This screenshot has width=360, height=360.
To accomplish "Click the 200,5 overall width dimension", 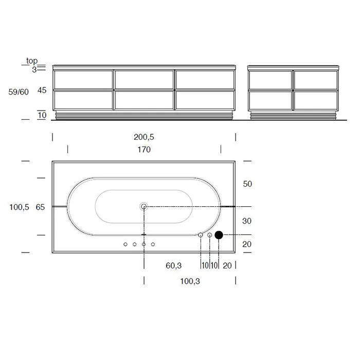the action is [x=144, y=137].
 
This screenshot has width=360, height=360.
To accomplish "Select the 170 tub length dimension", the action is [x=144, y=150].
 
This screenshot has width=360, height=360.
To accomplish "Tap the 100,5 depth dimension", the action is [x=20, y=207].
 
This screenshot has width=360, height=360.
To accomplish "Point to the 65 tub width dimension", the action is [x=40, y=207].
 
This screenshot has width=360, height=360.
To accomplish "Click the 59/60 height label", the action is [x=19, y=92].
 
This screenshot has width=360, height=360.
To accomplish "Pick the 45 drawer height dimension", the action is [x=42, y=90].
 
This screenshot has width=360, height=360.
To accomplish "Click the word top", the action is [x=32, y=61].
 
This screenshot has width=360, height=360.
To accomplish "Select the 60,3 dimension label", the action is [x=174, y=266].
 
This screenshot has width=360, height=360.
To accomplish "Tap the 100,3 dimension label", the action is [x=190, y=281].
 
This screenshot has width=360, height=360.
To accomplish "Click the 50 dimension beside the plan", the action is [x=247, y=184].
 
